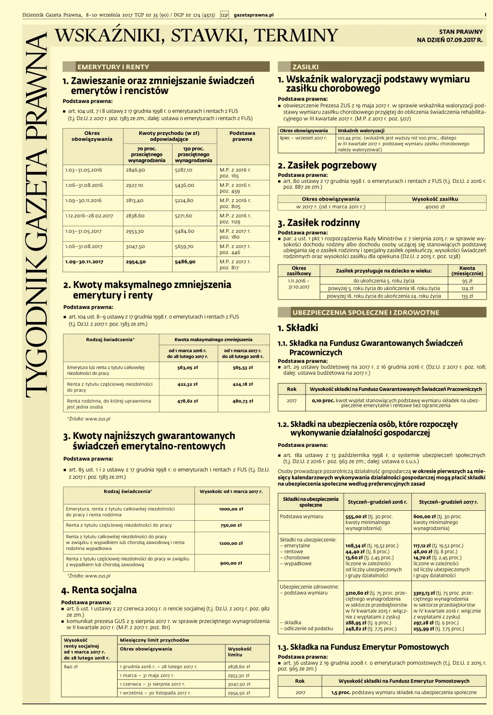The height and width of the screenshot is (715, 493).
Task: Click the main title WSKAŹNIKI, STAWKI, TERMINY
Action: coord(196,36)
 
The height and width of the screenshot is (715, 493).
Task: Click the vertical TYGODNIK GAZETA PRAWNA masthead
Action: coord(37,214)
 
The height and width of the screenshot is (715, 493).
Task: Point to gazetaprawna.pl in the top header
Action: coord(254,15)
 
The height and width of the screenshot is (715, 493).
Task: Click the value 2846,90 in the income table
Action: coord(136,170)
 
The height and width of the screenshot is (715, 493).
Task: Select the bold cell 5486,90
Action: coord(185,262)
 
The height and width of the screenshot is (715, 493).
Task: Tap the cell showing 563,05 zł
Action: coord(188,368)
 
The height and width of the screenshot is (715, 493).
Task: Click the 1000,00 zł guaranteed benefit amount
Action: coord(231,509)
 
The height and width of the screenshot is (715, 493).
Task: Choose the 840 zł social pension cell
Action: coord(71,667)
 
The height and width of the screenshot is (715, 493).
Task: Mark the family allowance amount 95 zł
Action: coord(467,281)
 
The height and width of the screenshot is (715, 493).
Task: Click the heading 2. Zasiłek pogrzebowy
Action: coord(327,166)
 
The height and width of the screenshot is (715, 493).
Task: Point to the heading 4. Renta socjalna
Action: coord(99,590)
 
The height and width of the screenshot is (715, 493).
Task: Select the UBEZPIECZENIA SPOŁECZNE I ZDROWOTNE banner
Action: coord(366,313)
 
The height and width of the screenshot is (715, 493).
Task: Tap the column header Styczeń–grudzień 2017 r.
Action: coord(448,502)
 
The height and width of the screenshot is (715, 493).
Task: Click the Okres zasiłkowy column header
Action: coord(299,271)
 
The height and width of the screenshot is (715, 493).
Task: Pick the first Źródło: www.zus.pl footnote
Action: coord(89,419)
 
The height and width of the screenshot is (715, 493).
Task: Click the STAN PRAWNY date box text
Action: coord(450,36)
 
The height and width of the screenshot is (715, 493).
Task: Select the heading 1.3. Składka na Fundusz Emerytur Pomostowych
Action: coord(363,647)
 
